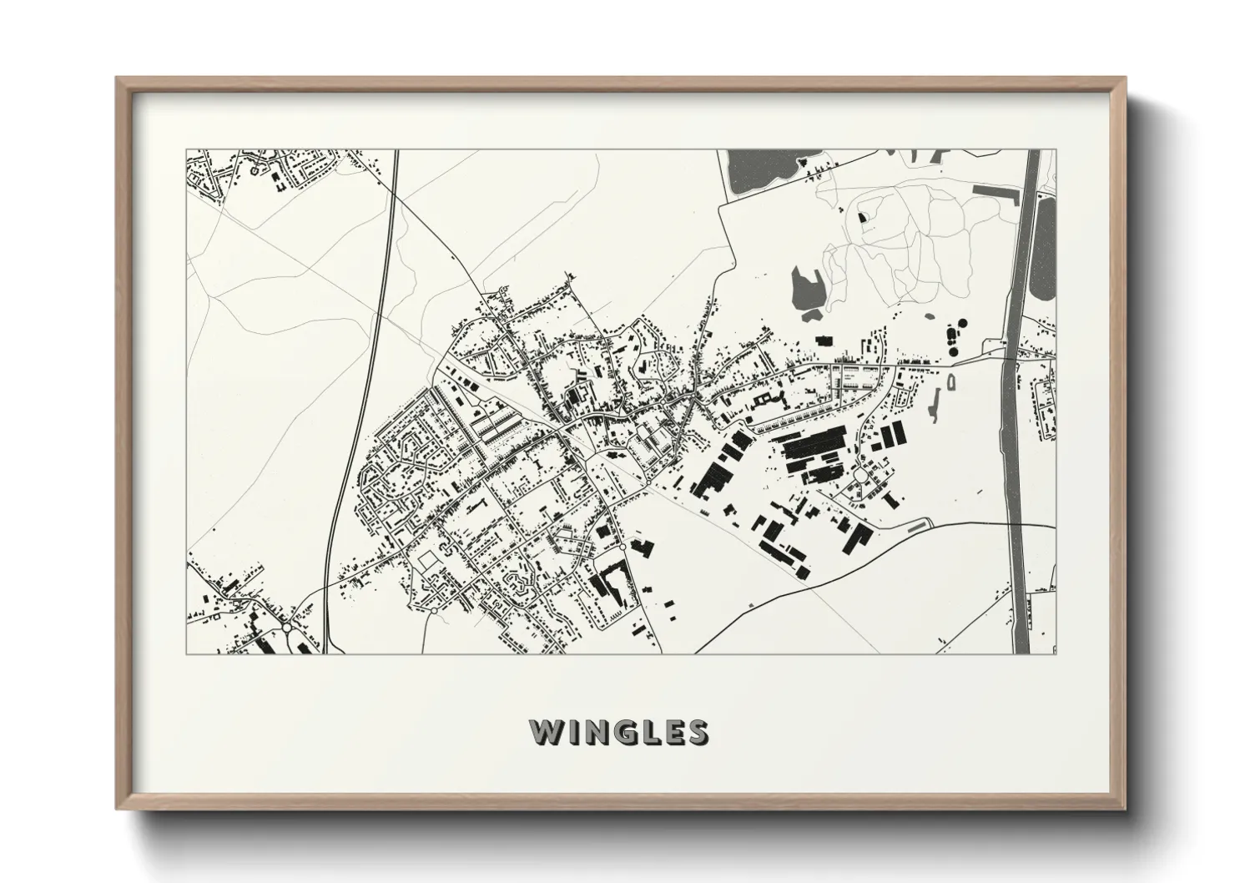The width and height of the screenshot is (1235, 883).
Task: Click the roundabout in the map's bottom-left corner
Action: [x=286, y=627]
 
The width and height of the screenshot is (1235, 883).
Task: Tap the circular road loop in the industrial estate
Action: [x=859, y=477]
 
